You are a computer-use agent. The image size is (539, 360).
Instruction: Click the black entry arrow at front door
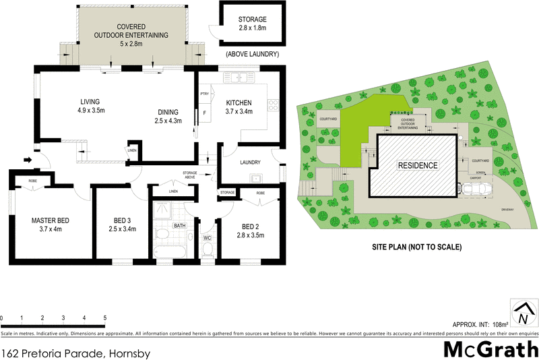pos(28,160)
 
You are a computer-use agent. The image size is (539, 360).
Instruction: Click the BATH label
pos(179,226)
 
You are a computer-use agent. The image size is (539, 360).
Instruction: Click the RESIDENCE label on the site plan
pos(417,165)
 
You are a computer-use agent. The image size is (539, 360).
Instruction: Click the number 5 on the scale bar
pos(104,318)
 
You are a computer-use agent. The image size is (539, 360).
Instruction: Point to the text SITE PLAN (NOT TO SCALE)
pos(417,247)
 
